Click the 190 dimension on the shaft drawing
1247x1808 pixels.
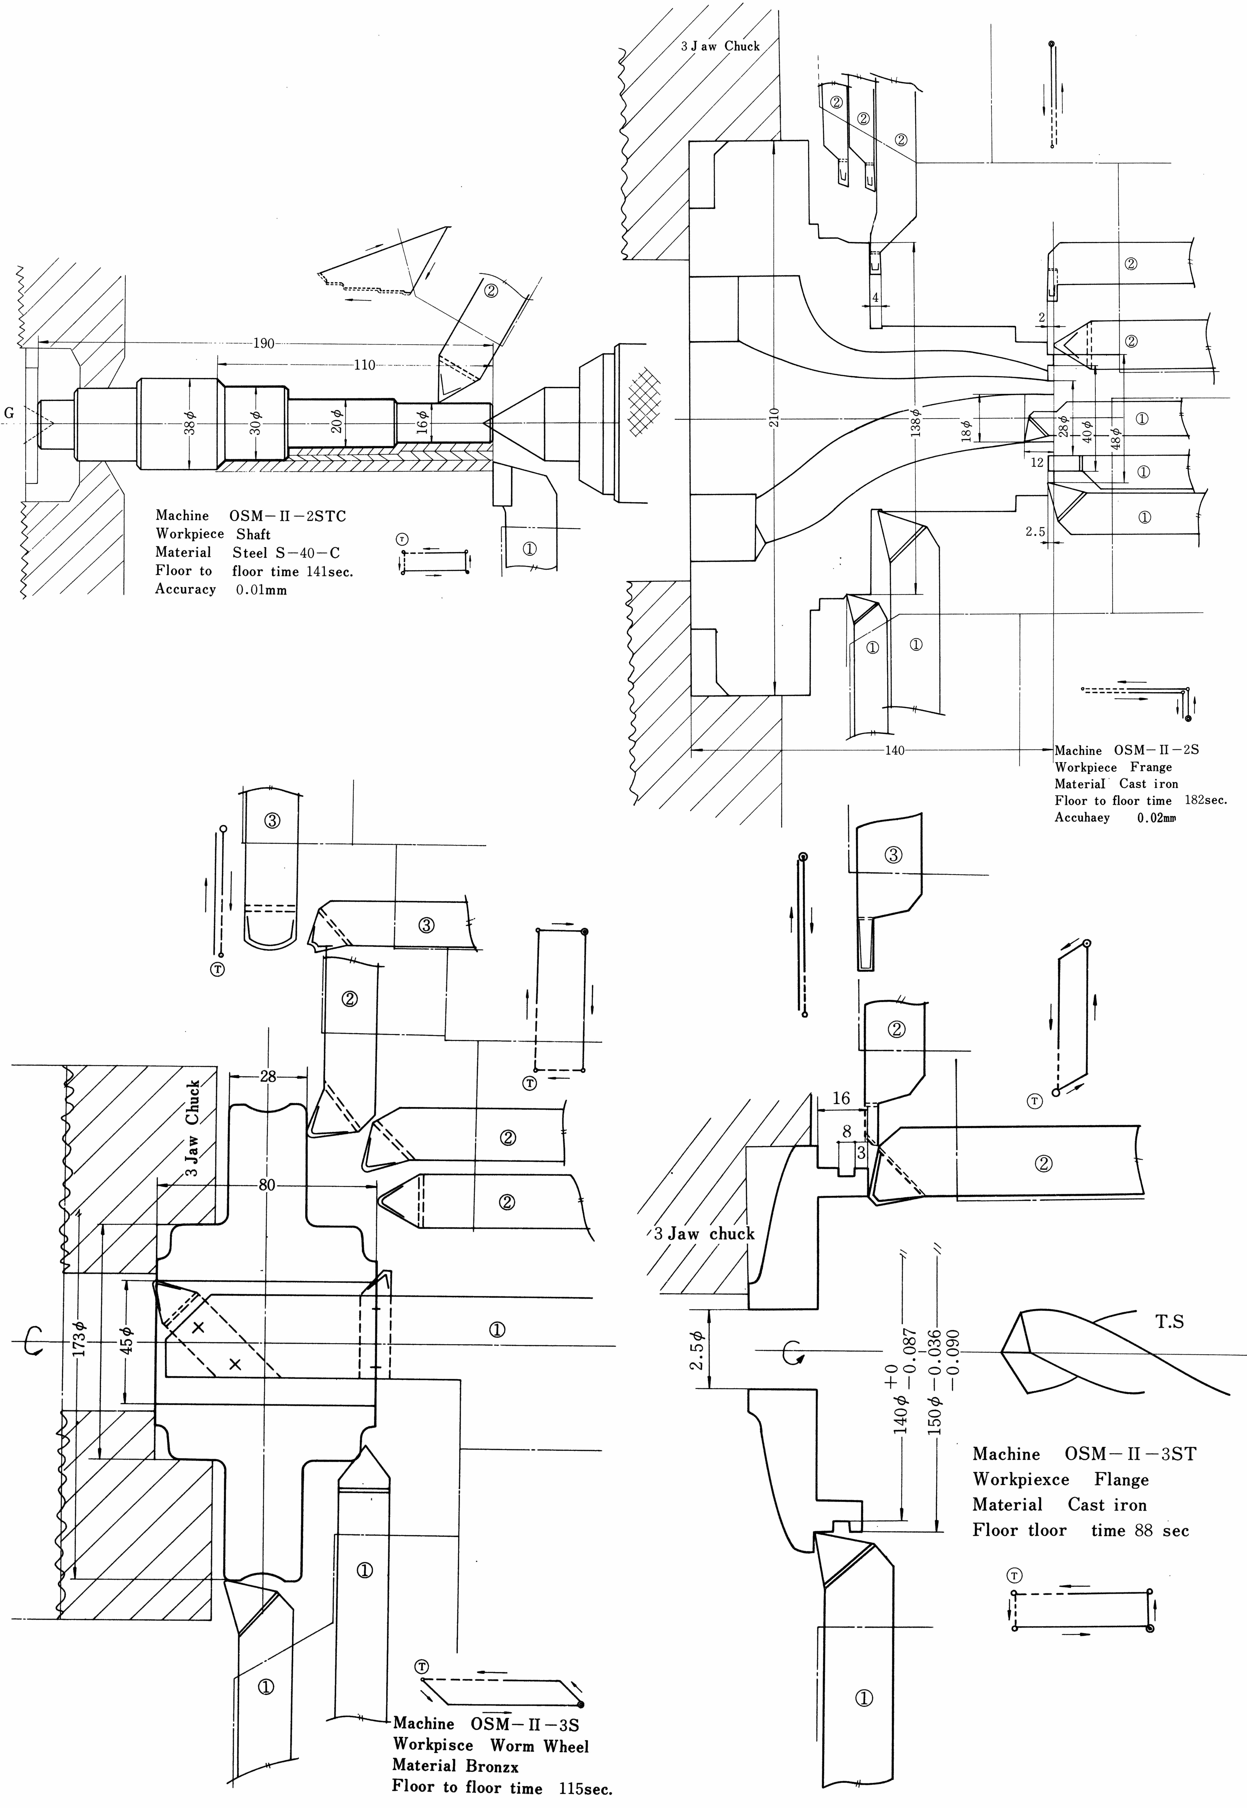(x=264, y=343)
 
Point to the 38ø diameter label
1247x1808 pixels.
(x=189, y=423)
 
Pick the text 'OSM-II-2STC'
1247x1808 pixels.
(x=287, y=516)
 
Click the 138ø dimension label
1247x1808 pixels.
(x=916, y=422)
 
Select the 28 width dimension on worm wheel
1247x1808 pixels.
(x=268, y=1076)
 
